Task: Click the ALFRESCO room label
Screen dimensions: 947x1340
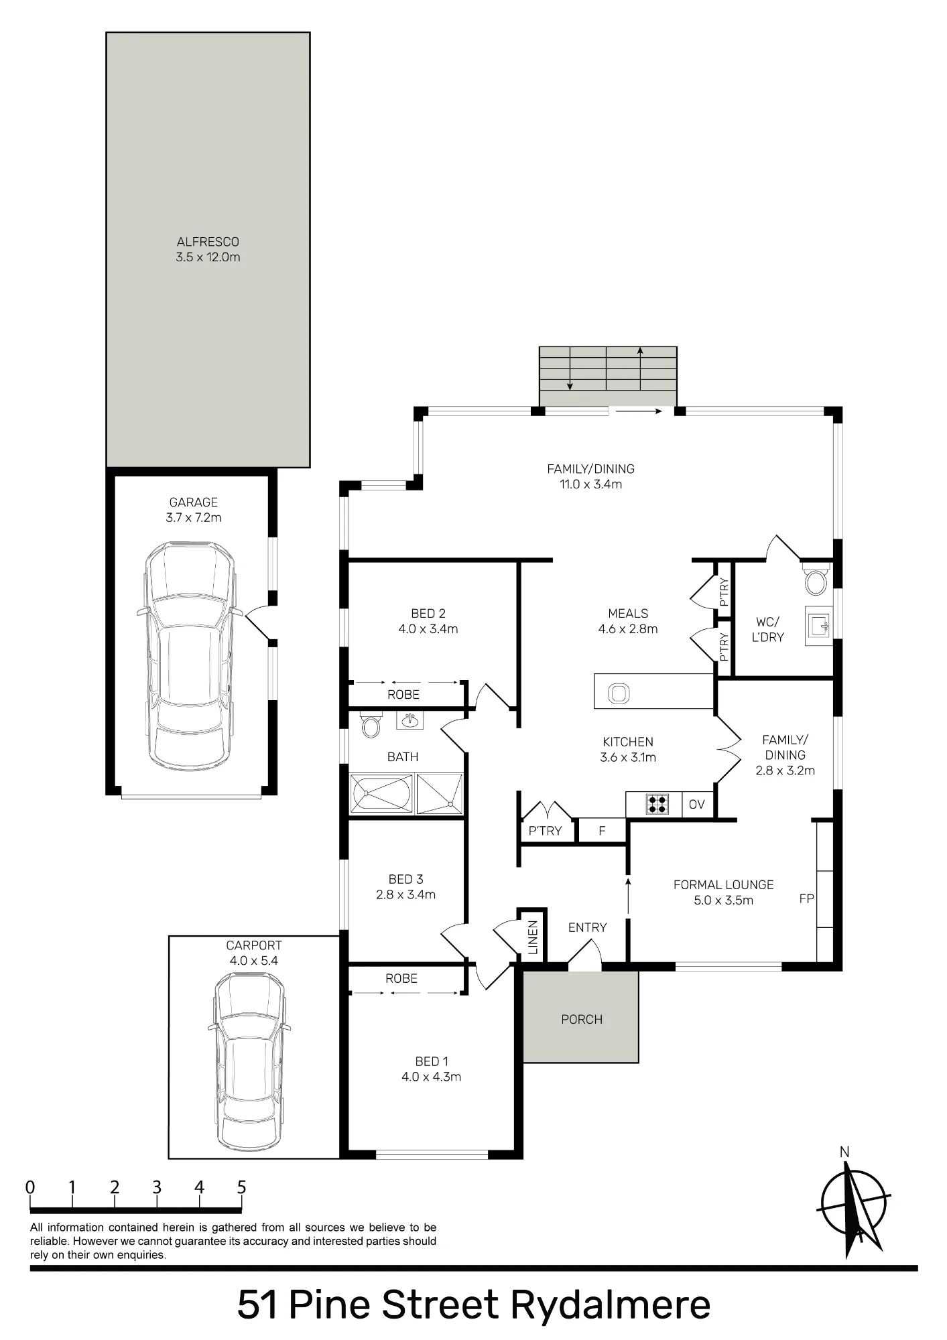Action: (208, 242)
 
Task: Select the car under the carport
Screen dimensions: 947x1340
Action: (249, 1061)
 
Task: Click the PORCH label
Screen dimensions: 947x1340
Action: (582, 1019)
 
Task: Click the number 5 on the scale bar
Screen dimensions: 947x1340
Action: (241, 1187)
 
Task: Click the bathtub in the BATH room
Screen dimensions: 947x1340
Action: (381, 794)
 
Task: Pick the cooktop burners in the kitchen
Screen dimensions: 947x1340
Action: (657, 804)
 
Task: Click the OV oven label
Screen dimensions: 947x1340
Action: (697, 804)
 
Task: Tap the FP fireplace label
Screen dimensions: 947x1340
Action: (806, 898)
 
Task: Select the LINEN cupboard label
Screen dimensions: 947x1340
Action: (533, 937)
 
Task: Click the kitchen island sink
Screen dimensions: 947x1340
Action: (619, 693)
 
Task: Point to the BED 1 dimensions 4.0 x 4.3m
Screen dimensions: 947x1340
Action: (432, 1077)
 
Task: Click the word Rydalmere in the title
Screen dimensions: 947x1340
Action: (611, 1304)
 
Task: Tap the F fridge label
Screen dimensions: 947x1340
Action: (602, 831)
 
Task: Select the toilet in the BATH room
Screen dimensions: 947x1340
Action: (371, 724)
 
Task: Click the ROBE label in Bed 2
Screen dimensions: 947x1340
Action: (403, 695)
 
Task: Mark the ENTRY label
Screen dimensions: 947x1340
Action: (587, 927)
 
